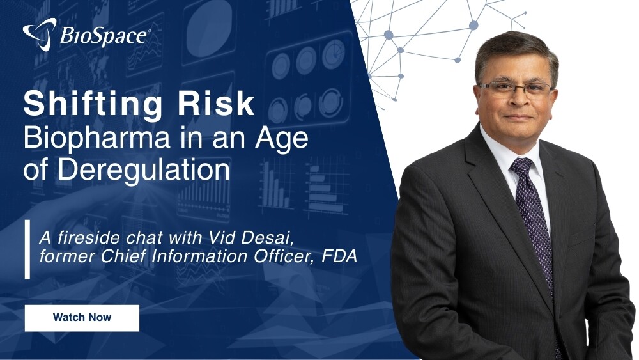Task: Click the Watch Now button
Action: coord(82,318)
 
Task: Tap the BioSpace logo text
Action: coord(104,35)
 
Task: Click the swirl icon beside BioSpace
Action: coord(40,35)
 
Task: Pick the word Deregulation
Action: coord(143,169)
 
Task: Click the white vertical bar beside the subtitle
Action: coord(27,249)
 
